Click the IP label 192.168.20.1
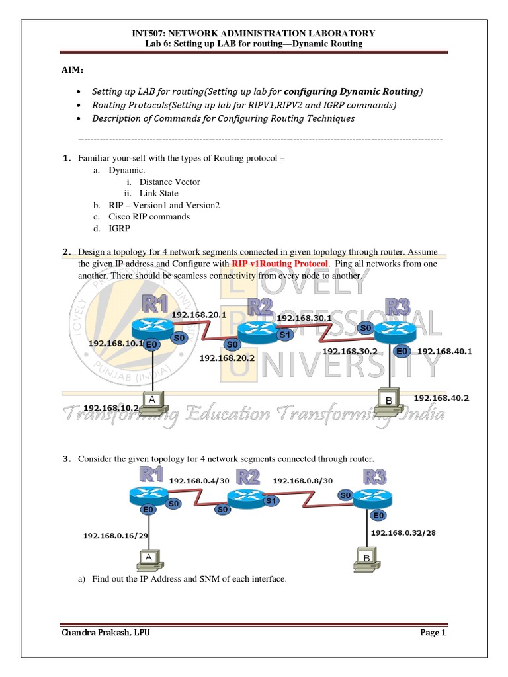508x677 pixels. coord(199,315)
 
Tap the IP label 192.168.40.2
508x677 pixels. coord(441,397)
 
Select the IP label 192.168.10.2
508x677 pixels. coord(111,408)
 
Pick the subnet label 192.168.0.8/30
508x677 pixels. coord(303,481)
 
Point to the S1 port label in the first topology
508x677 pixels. coord(284,335)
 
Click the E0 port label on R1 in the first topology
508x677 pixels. coord(151,344)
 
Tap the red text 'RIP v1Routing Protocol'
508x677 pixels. coord(280,263)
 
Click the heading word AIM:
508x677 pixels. coord(73,70)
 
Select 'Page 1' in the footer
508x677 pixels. coord(433,633)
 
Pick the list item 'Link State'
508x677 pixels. coord(159,193)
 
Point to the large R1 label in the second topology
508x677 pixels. coord(151,474)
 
